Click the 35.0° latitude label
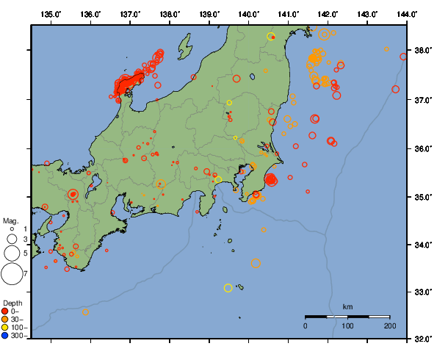point(423,197)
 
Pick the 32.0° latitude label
point(423,339)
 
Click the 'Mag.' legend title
point(10,220)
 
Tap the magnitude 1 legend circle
point(12,229)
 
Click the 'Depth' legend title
point(12,303)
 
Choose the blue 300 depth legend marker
point(7,335)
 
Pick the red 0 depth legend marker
point(7,311)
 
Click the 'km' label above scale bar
point(347,306)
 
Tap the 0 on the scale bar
point(306,325)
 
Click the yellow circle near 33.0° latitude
point(228,288)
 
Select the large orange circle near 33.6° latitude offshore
point(256,263)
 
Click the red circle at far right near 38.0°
point(403,57)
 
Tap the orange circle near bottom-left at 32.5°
point(85,312)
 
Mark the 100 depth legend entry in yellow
point(7,327)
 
